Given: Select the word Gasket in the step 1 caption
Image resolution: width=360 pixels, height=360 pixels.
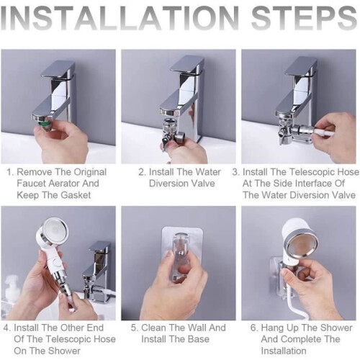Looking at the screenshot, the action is tap(76, 195).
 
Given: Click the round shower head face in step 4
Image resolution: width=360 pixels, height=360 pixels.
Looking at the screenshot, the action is tap(55, 230).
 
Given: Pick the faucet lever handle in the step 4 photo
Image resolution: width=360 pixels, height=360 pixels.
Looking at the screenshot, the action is tap(99, 250).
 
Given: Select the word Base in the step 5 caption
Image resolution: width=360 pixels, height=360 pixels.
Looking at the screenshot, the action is tap(199, 339).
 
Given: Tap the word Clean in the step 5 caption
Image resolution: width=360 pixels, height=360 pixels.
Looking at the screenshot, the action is tap(153, 328).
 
